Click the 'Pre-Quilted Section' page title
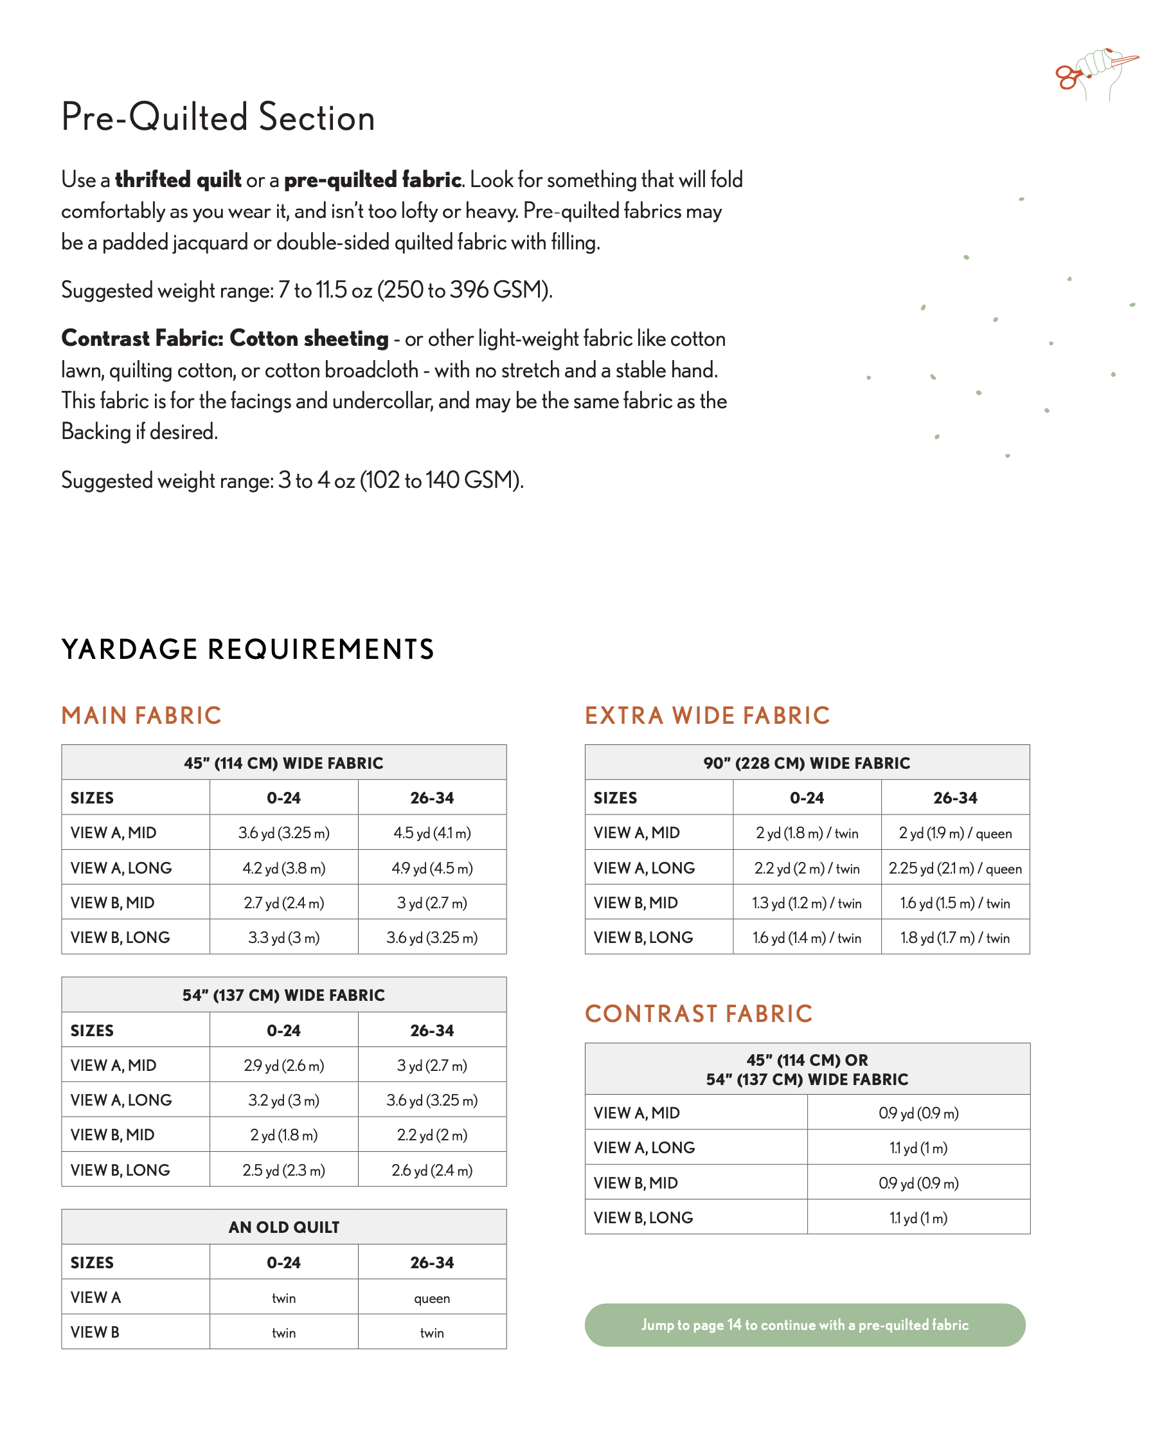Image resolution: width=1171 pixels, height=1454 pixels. pyautogui.click(x=218, y=117)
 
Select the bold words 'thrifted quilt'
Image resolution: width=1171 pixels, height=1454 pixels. pyautogui.click(x=178, y=180)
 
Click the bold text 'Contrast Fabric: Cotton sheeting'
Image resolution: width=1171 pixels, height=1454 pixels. pyautogui.click(x=224, y=338)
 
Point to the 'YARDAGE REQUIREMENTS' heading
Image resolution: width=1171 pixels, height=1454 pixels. pyautogui.click(x=247, y=649)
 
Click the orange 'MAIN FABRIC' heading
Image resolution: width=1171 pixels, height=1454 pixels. pyautogui.click(x=141, y=715)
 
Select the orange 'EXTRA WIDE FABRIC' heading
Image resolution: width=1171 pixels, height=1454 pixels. pyautogui.click(x=707, y=715)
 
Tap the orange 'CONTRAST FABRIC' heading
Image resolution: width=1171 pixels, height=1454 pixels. pyautogui.click(x=698, y=1014)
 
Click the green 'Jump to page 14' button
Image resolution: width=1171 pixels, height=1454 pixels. pyautogui.click(x=804, y=1324)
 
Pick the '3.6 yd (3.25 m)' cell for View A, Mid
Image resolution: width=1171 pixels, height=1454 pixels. pyautogui.click(x=283, y=832)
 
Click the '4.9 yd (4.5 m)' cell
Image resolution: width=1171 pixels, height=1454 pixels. pyautogui.click(x=432, y=868)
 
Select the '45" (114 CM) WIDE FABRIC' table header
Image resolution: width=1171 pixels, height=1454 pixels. pyautogui.click(x=283, y=763)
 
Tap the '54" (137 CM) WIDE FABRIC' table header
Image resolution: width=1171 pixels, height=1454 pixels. pyautogui.click(x=283, y=995)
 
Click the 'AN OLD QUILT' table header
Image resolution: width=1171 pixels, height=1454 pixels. pyautogui.click(x=283, y=1227)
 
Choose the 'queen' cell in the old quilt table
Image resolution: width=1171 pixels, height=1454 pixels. pyautogui.click(x=432, y=1298)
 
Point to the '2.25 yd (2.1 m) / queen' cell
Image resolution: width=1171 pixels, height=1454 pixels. pyautogui.click(x=954, y=868)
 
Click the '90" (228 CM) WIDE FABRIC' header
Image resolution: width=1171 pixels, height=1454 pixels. pyautogui.click(x=807, y=763)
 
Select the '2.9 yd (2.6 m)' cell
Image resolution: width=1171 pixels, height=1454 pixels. pyautogui.click(x=283, y=1065)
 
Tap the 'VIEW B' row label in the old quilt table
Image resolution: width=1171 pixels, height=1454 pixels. pyautogui.click(x=95, y=1333)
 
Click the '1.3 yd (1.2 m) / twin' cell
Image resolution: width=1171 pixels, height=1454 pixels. pyautogui.click(x=807, y=902)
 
